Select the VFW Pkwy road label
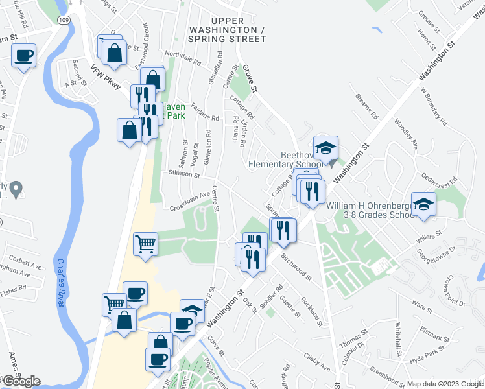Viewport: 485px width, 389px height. pyautogui.click(x=106, y=77)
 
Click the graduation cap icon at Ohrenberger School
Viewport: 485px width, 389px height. pyautogui.click(x=424, y=205)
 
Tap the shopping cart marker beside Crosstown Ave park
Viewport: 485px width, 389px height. pyautogui.click(x=146, y=244)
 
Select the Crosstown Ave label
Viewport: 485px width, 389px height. pyautogui.click(x=191, y=200)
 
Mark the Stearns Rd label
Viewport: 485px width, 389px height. pyautogui.click(x=366, y=106)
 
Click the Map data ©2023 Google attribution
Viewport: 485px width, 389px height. pyautogui.click(x=445, y=384)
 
